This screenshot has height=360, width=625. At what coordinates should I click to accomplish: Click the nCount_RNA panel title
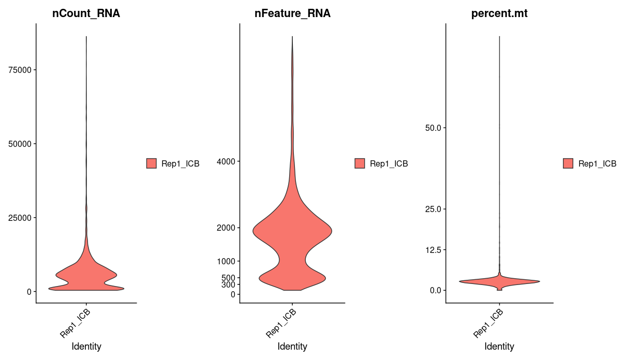pos(86,14)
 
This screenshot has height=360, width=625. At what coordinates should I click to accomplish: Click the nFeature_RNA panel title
pos(292,14)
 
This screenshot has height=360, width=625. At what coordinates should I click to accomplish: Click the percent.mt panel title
pos(499,14)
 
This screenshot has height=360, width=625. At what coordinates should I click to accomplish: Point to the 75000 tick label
pos(19,70)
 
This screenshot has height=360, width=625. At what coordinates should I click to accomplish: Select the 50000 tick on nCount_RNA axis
pos(19,144)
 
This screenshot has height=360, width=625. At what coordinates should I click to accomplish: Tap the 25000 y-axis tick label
pos(19,218)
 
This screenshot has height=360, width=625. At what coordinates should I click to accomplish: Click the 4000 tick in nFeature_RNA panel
pos(225,161)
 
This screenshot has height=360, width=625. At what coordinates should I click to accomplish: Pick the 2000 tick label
pos(225,228)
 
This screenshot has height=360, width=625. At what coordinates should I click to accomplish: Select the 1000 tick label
pos(225,261)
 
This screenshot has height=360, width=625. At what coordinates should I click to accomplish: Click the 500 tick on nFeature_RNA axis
pos(227,278)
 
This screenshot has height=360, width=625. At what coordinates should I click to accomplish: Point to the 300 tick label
pos(227,284)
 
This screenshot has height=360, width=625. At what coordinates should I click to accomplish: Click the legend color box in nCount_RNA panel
pos(152,163)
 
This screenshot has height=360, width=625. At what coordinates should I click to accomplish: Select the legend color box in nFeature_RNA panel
pos(360,163)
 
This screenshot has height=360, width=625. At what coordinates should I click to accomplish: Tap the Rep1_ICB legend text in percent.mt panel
pos(597,163)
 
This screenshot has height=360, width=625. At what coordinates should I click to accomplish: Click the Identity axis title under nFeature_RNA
pos(292,347)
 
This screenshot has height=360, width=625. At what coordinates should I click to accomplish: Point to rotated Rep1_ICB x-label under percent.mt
pos(488,323)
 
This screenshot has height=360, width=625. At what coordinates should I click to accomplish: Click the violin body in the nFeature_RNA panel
pos(292,233)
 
